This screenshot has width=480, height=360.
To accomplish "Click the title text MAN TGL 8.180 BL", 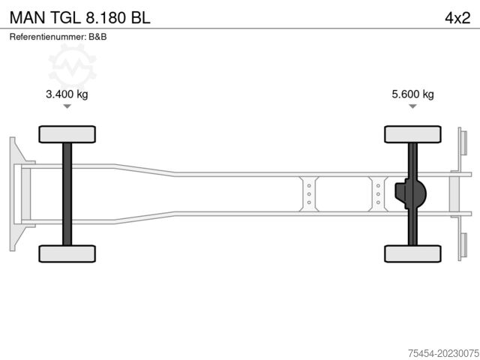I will [80, 17].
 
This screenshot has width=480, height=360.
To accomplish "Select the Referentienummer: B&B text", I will [58, 37].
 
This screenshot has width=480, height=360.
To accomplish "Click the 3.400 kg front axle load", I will [67, 94].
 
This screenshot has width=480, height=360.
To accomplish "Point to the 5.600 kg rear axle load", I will [413, 94].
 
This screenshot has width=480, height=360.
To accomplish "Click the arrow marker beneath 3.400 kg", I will [67, 107].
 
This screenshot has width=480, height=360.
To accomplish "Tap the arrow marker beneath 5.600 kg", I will [413, 107].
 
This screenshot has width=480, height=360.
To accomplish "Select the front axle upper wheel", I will [67, 134].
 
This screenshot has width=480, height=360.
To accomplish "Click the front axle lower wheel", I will [67, 253].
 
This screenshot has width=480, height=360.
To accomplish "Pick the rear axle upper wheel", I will [412, 134].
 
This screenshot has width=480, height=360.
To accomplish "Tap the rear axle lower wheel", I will [412, 253].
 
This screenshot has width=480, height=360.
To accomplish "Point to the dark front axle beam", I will [67, 193].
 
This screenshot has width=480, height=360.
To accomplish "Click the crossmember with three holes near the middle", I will [308, 194].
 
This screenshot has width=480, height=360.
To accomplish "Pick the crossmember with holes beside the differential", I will [378, 194].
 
